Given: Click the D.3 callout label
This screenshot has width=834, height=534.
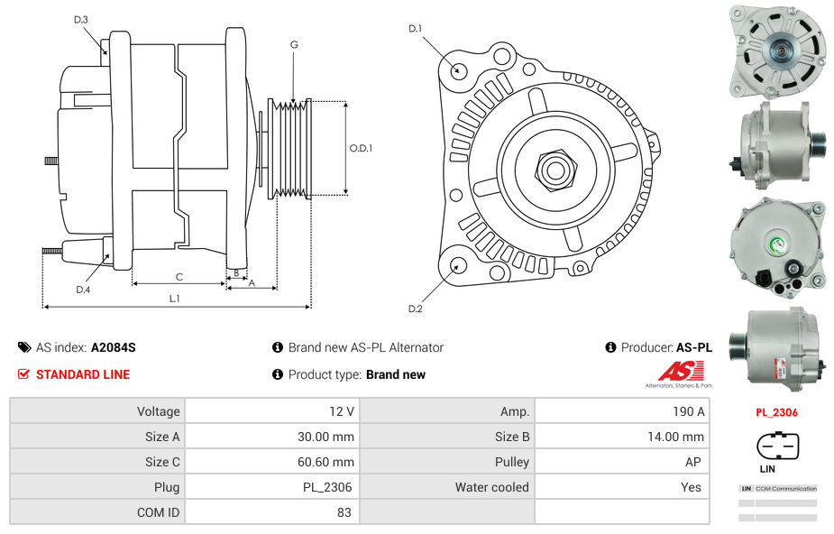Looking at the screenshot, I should [80, 19].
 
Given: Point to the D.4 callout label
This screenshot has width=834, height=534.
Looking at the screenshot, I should [83, 290].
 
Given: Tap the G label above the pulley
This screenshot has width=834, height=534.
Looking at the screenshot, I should [294, 44].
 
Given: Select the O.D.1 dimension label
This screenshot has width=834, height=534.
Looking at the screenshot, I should [361, 149].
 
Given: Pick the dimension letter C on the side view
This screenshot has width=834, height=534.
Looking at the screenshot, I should [179, 277].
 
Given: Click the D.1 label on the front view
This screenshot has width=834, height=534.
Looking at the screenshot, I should [415, 29].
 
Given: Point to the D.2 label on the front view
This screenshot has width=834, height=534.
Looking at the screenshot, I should [415, 309].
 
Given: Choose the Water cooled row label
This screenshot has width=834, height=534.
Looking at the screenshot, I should [491, 487].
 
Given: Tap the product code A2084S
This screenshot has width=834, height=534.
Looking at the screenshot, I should [114, 347].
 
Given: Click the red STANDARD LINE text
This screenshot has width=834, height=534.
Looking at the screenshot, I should [83, 374].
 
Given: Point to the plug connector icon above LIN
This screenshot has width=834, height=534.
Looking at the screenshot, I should [777, 446].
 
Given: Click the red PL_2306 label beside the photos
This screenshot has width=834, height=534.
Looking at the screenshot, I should [776, 412].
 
